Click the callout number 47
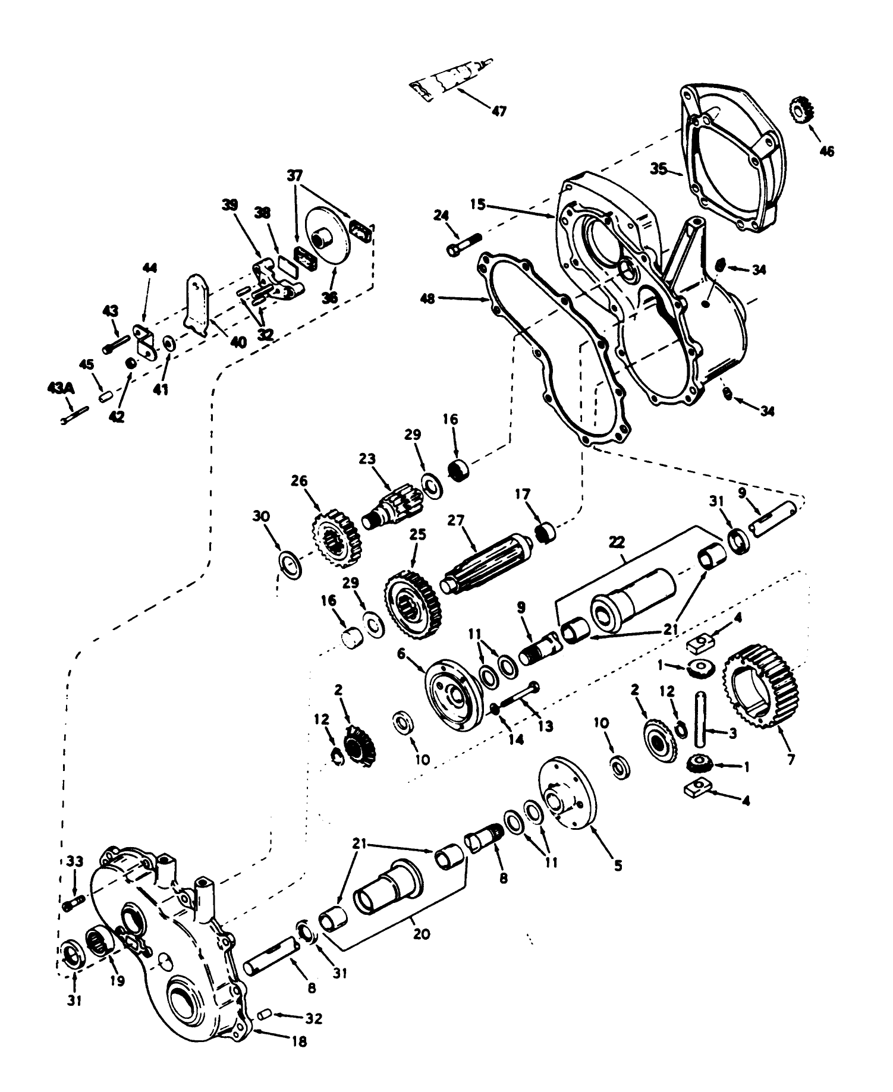[499, 111]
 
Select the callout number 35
[659, 169]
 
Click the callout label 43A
[60, 388]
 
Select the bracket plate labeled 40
[199, 303]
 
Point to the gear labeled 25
[411, 603]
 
